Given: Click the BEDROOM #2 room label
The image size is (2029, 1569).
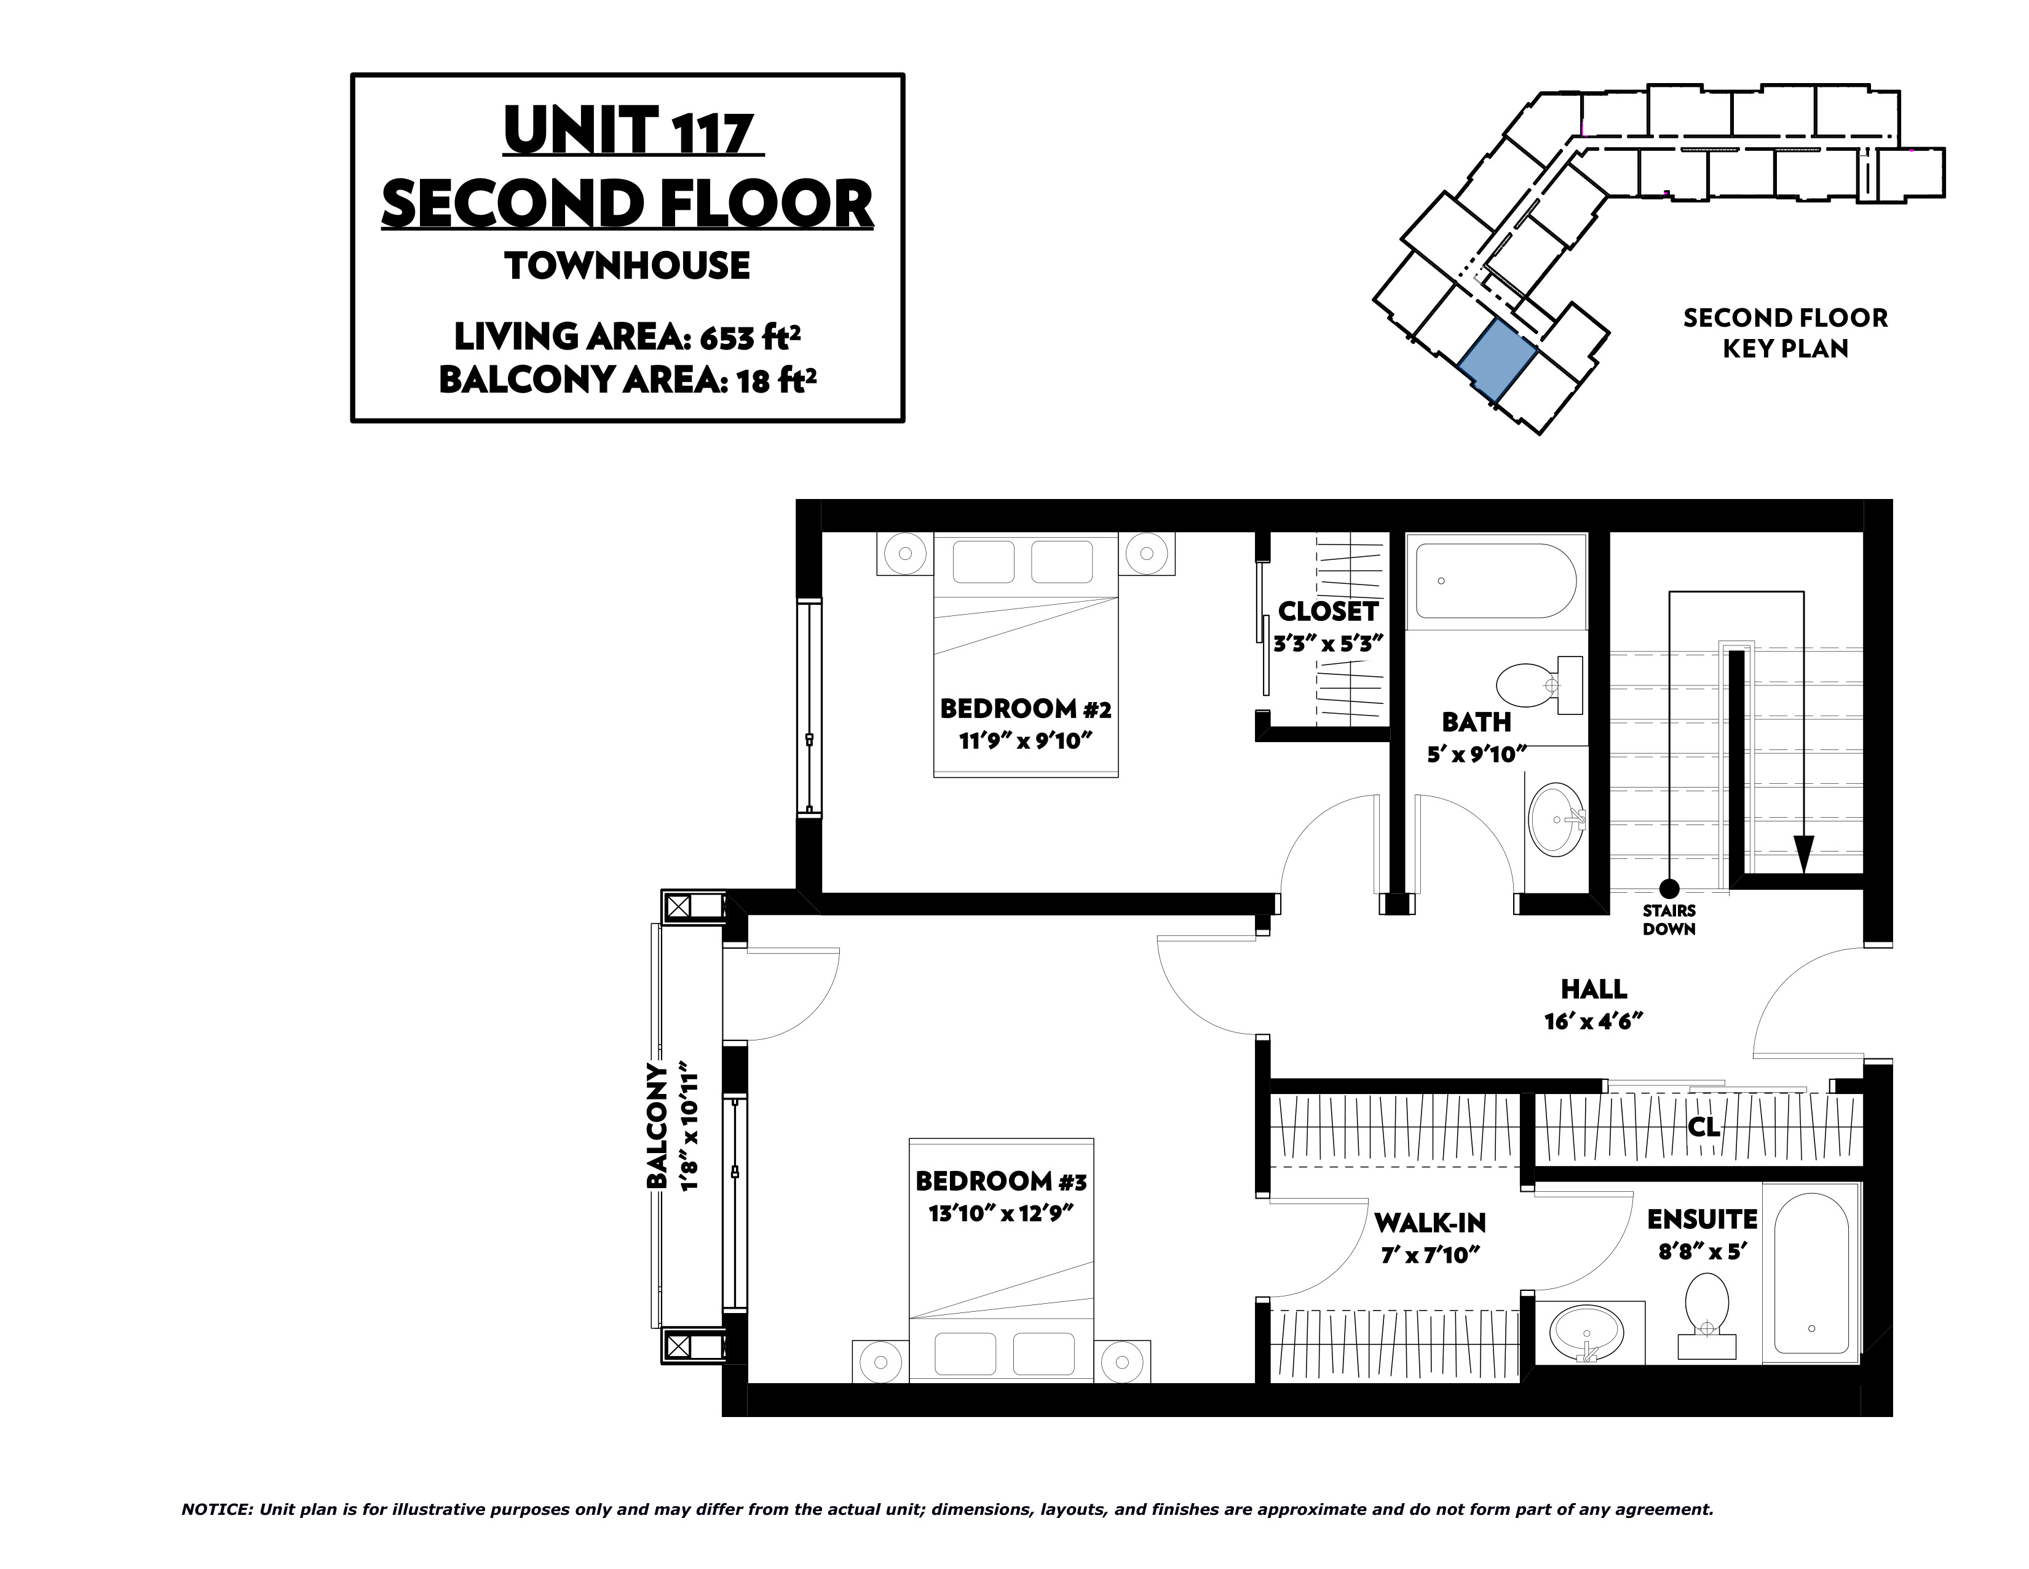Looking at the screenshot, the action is click(1025, 709).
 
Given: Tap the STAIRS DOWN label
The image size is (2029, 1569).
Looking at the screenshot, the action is click(1669, 919).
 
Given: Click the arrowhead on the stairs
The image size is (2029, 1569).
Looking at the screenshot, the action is click(1803, 854).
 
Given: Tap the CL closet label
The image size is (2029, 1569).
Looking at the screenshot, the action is click(1704, 1127).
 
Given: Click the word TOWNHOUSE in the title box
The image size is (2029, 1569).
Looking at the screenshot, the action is click(628, 266).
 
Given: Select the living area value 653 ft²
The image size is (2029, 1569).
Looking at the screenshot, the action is click(751, 337).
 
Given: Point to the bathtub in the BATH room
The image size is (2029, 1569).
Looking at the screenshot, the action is click(1495, 581).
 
